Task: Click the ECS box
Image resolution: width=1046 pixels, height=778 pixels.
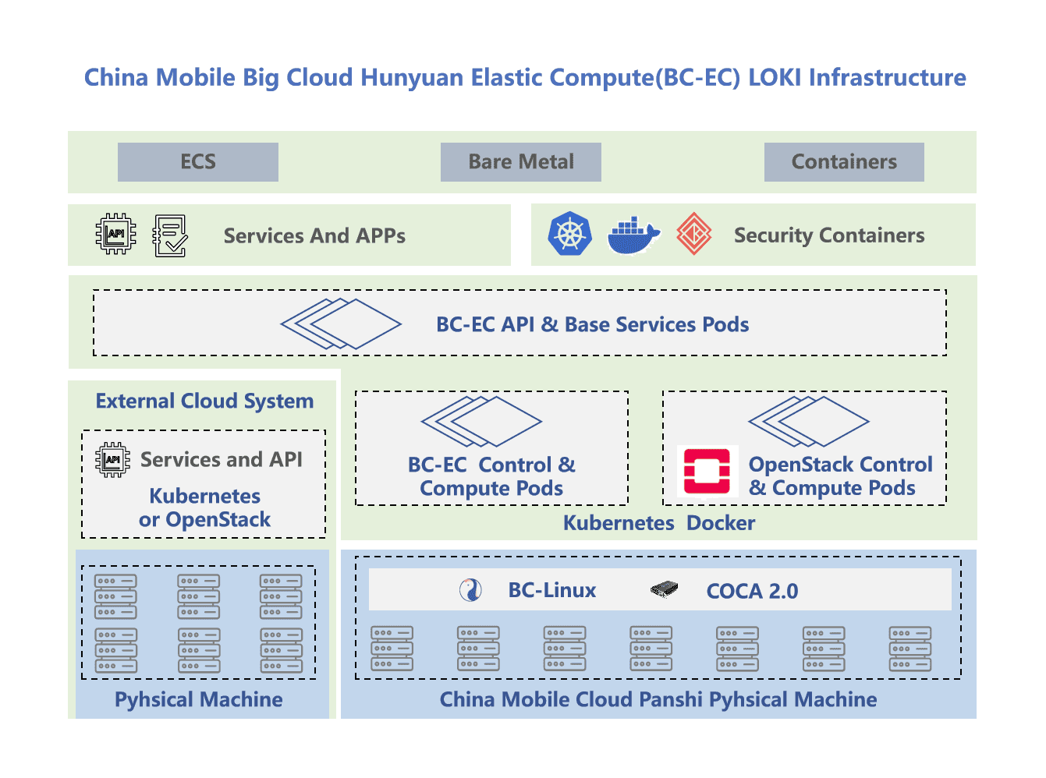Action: pyautogui.click(x=197, y=162)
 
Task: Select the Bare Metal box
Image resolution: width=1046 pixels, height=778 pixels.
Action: pyautogui.click(x=520, y=162)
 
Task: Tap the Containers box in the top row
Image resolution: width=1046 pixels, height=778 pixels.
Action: pyautogui.click(x=844, y=162)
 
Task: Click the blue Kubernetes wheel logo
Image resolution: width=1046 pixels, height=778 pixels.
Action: pyautogui.click(x=570, y=234)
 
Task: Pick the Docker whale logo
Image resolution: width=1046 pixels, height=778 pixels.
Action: pyautogui.click(x=633, y=235)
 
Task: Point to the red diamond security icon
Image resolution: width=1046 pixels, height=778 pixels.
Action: pyautogui.click(x=693, y=234)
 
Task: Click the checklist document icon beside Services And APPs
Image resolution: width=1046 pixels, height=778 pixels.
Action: pyautogui.click(x=170, y=235)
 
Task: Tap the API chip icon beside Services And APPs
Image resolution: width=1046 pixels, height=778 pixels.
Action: pyautogui.click(x=115, y=234)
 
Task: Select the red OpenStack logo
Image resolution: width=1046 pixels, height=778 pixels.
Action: pyautogui.click(x=707, y=471)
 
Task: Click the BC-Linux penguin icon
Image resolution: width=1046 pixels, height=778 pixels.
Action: pyautogui.click(x=470, y=590)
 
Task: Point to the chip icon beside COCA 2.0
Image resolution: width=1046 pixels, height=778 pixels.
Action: pyautogui.click(x=664, y=589)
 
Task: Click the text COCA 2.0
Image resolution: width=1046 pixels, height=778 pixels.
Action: pyautogui.click(x=752, y=591)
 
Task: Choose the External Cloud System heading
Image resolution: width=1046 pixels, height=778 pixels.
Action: pyautogui.click(x=204, y=401)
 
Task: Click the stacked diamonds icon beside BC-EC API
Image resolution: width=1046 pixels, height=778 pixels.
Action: pyautogui.click(x=341, y=324)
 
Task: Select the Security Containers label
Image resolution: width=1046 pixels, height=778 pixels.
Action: pyautogui.click(x=829, y=235)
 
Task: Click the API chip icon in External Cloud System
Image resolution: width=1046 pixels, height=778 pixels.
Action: pyautogui.click(x=113, y=459)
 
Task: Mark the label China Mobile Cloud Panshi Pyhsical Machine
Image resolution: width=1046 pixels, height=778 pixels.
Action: pyautogui.click(x=658, y=699)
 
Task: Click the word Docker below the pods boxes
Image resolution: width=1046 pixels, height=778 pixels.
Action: pyautogui.click(x=721, y=523)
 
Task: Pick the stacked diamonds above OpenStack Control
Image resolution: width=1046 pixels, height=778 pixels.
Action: pyautogui.click(x=808, y=421)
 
